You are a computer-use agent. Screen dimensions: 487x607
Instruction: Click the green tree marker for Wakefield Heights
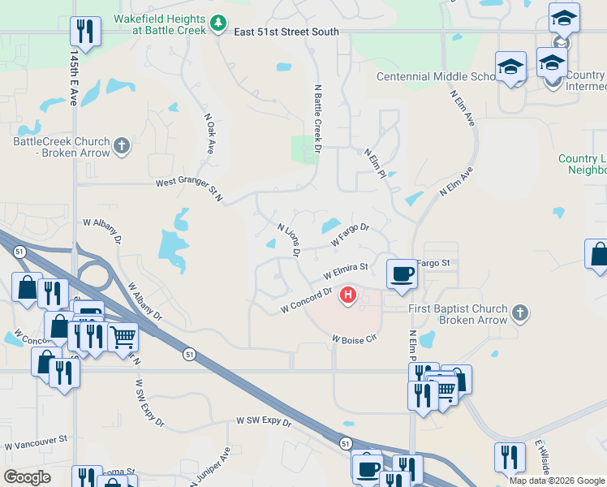pos(217,24)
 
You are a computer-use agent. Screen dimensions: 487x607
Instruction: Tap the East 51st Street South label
pos(285,32)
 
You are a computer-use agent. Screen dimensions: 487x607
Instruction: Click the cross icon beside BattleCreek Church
pos(122,146)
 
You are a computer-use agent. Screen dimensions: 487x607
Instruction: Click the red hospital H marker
pos(348,295)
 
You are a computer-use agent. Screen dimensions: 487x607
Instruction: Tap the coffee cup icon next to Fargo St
pos(401,274)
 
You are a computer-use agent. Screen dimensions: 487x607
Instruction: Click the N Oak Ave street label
pos(209,134)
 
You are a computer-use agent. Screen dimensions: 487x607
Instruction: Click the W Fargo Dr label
pos(350,236)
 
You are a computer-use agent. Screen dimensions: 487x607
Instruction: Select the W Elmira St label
pos(346,269)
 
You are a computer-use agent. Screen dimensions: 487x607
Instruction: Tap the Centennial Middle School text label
pos(436,77)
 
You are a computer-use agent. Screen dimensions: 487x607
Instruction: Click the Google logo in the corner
pos(27,477)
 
